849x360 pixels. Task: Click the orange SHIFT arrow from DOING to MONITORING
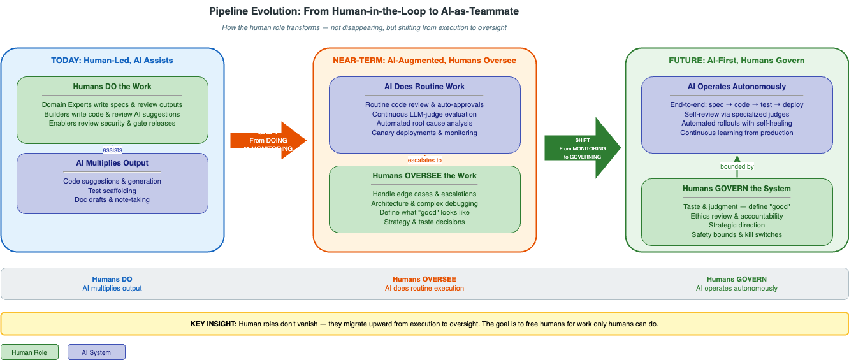pos(268,140)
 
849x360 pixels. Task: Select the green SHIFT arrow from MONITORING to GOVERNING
pos(581,148)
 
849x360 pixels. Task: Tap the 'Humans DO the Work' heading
pos(112,87)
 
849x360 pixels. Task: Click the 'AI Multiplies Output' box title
pos(112,163)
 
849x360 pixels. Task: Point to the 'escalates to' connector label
pos(424,160)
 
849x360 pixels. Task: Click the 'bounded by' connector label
pos(737,167)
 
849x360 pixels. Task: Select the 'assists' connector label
pos(112,150)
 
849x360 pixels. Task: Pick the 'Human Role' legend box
pos(29,352)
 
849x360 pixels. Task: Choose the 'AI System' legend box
pos(96,352)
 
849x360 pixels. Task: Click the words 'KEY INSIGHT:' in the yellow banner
pos(214,324)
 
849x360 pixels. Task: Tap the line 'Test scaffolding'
pos(112,191)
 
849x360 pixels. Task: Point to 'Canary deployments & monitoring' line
pos(424,133)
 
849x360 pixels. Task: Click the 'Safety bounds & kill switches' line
pos(737,234)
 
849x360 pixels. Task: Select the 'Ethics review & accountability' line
pos(737,216)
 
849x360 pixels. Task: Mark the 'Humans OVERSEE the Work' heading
pos(424,176)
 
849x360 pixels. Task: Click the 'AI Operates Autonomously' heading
pos(737,87)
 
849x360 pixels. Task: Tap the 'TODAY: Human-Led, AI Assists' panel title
pos(112,61)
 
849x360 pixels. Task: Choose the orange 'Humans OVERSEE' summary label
pos(424,279)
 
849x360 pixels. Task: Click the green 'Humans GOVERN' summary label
pos(737,279)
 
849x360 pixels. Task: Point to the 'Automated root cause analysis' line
pos(424,123)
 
